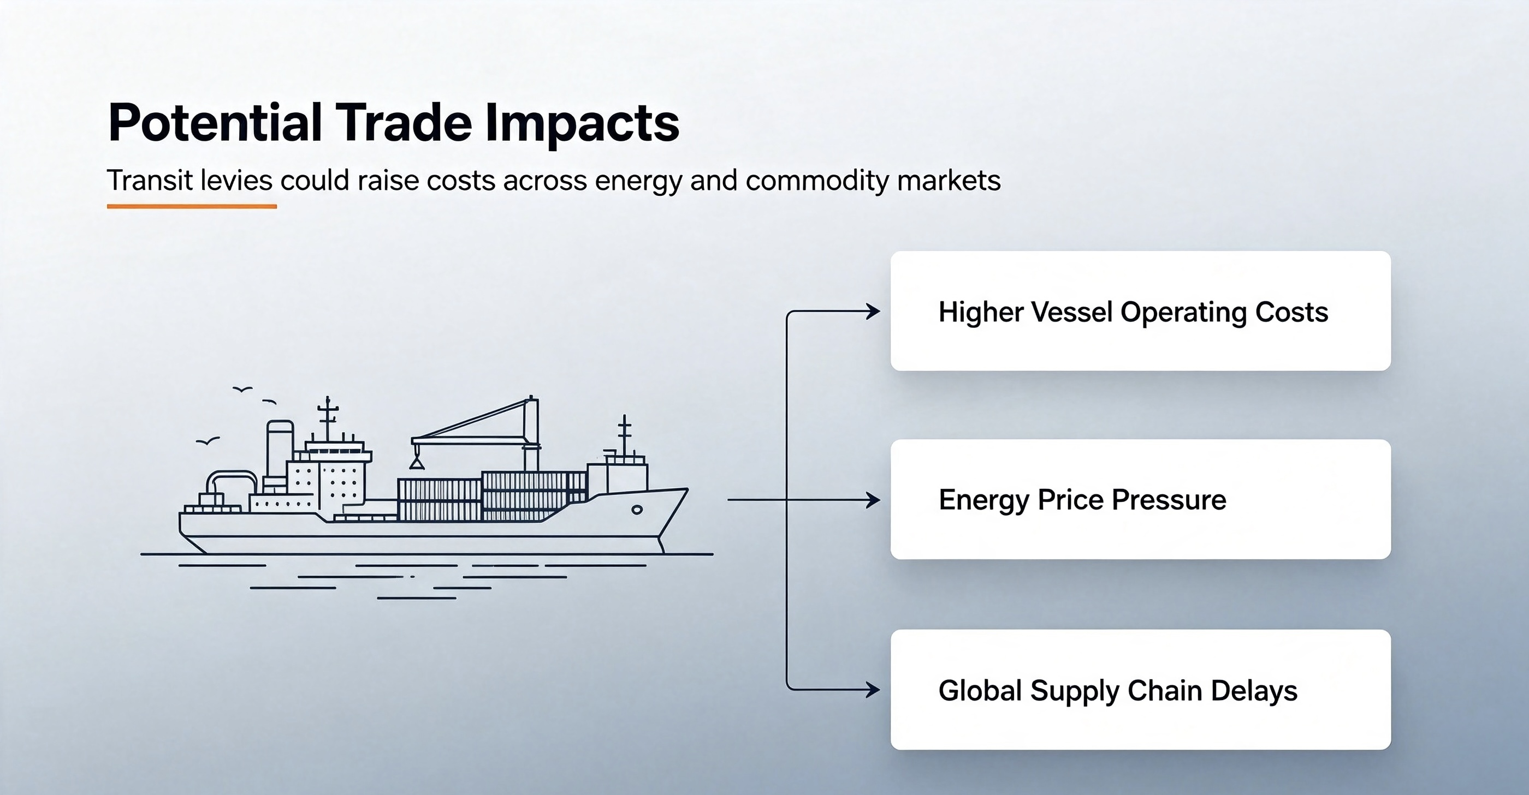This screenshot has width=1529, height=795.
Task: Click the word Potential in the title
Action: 215,123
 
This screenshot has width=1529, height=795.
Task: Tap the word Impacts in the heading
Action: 582,123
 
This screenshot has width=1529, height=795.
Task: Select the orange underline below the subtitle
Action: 192,206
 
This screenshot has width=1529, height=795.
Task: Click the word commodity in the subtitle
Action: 817,181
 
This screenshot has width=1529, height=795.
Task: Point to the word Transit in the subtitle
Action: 150,181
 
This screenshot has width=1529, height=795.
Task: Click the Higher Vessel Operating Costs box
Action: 1140,311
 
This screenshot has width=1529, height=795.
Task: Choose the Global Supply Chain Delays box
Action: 1140,689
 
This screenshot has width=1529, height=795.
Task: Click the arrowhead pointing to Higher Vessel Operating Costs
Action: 874,312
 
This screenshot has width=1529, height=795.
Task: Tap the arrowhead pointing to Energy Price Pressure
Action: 874,500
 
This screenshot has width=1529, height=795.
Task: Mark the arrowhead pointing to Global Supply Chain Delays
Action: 874,690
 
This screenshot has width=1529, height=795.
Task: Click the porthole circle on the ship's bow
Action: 637,510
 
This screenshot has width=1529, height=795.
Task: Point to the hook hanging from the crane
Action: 417,459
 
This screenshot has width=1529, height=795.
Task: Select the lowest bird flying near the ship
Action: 208,441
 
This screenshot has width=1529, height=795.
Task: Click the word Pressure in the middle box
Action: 1169,500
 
